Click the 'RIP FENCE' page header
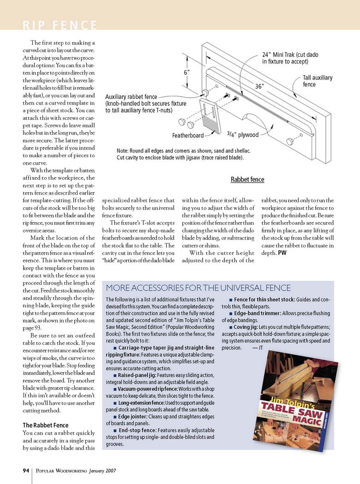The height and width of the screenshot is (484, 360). pyautogui.click(x=60, y=25)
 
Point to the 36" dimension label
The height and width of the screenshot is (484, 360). pyautogui.click(x=260, y=86)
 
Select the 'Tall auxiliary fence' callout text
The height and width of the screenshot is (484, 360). pyautogui.click(x=317, y=81)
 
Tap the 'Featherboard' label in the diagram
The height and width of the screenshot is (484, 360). pyautogui.click(x=188, y=136)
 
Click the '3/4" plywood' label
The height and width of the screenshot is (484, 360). pyautogui.click(x=243, y=135)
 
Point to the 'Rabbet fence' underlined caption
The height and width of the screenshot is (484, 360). pyautogui.click(x=248, y=179)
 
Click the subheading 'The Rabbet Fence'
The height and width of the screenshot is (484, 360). pyautogui.click(x=45, y=425)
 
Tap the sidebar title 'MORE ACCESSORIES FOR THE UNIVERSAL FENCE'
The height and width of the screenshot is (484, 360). pyautogui.click(x=198, y=288)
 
